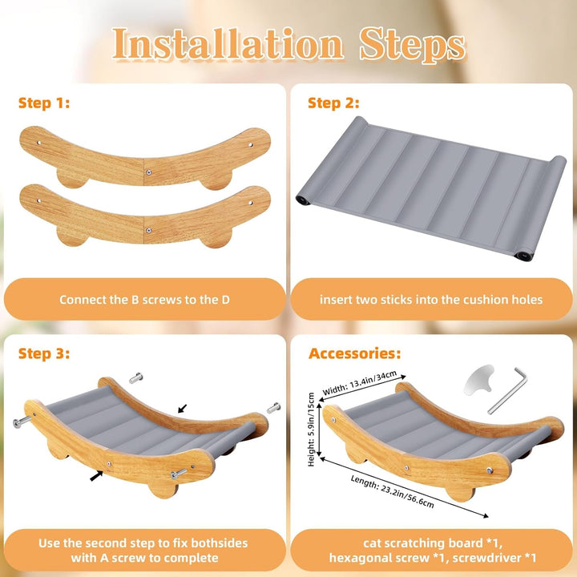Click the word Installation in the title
(228, 44)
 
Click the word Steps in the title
(413, 46)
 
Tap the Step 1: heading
(44, 103)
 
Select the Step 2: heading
(333, 103)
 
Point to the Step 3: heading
(44, 353)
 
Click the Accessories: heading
(355, 353)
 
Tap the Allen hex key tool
(508, 390)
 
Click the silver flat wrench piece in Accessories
(478, 380)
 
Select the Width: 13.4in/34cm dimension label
(360, 383)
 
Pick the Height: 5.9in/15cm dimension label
(311, 430)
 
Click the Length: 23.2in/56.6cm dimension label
(392, 491)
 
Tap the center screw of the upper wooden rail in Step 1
(148, 171)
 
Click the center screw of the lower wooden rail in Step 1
(148, 230)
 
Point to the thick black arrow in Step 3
(96, 475)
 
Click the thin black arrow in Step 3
(183, 409)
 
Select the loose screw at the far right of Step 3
(273, 407)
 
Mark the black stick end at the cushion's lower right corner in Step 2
(521, 256)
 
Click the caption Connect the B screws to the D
(144, 300)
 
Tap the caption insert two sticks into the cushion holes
(431, 300)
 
